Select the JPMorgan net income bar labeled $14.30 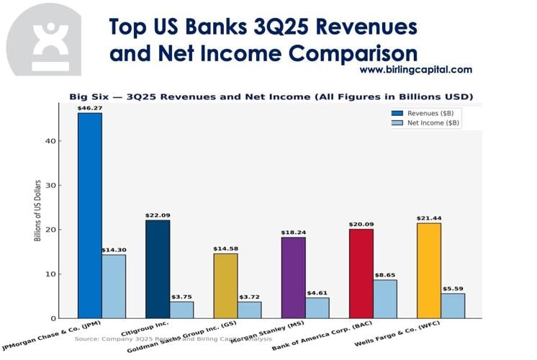[114, 286]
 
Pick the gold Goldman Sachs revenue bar [225, 285]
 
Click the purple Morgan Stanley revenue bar [293, 277]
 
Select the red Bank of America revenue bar [361, 273]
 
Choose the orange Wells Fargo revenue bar [429, 270]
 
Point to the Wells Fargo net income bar [453, 305]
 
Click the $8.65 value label [385, 274]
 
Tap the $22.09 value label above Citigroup [158, 215]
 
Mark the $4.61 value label [317, 292]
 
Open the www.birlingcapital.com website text [415, 70]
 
